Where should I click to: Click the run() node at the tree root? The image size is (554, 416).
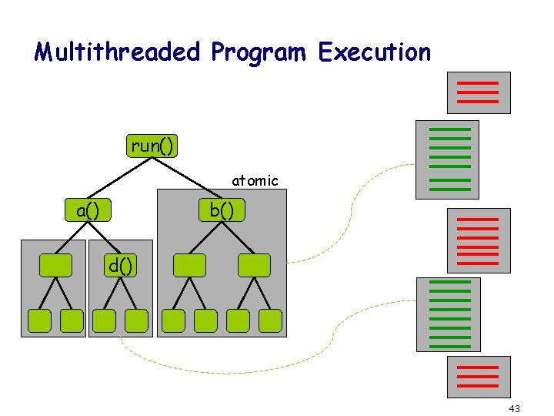pos(152,146)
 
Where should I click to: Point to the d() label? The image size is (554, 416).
pos(120,267)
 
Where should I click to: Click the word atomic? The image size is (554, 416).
pos(255,181)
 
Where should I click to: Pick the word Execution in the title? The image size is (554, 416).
pos(375,52)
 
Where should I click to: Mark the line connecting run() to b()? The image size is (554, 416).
pos(185,178)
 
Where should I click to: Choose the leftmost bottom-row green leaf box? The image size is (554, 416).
pos(39,320)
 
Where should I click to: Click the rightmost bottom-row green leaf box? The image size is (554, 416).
pos(271,320)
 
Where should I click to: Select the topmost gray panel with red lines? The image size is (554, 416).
pos(479,92)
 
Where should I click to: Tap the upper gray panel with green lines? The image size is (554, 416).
pos(446,159)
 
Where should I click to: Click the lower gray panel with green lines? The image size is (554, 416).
pos(448,314)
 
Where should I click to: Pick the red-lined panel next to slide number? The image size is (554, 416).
pos(479,376)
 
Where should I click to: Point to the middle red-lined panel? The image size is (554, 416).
pos(479,242)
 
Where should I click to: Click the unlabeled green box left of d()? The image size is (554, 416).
pos(55,265)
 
